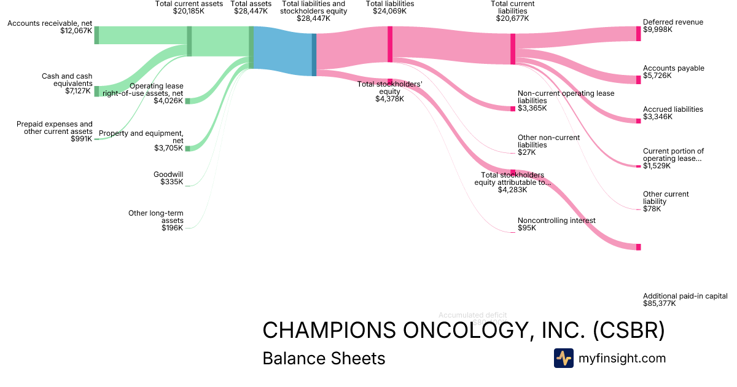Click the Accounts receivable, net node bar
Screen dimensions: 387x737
[x=96, y=35]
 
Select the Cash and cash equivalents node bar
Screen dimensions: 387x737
[x=96, y=92]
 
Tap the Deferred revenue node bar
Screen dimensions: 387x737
[x=638, y=33]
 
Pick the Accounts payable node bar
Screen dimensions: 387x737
[x=638, y=80]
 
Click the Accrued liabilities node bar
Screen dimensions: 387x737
[x=638, y=120]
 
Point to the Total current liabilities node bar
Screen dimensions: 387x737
[x=513, y=49]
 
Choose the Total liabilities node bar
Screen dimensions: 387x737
[x=390, y=44]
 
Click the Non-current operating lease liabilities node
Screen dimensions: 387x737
[x=513, y=109]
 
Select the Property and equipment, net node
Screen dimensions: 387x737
[x=187, y=148]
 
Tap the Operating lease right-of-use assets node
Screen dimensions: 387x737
[x=187, y=101]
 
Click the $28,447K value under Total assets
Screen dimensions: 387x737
[x=251, y=11]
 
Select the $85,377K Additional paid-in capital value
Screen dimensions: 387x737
[x=660, y=303]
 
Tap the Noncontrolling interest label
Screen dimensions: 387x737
[x=556, y=221]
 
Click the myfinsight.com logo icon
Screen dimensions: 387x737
[x=563, y=358]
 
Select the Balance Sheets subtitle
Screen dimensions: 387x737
[x=324, y=359]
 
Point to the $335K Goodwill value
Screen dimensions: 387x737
[x=172, y=182]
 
